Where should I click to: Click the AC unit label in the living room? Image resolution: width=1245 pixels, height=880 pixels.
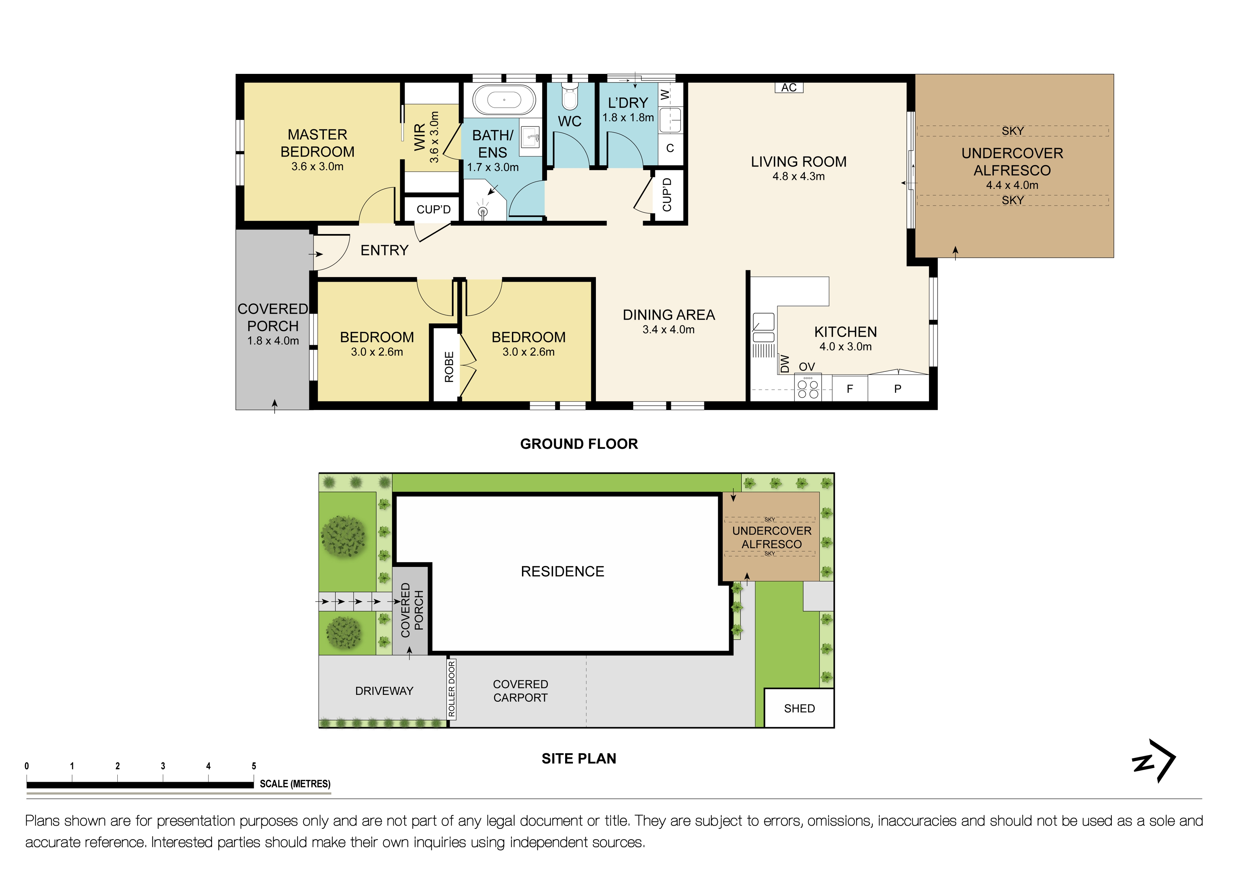[788, 87]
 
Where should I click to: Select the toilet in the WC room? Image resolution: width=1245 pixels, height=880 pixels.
[569, 97]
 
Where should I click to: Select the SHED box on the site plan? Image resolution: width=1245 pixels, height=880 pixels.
[799, 708]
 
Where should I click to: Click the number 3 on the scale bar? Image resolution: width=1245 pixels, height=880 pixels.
[163, 766]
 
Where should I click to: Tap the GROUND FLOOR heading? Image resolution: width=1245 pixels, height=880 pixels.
[579, 444]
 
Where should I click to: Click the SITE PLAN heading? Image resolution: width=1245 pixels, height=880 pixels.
[579, 758]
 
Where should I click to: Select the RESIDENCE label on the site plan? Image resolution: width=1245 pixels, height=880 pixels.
[562, 571]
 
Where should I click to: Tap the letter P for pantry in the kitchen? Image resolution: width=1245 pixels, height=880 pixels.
[897, 389]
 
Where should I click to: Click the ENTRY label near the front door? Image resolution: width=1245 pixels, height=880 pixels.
[384, 251]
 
